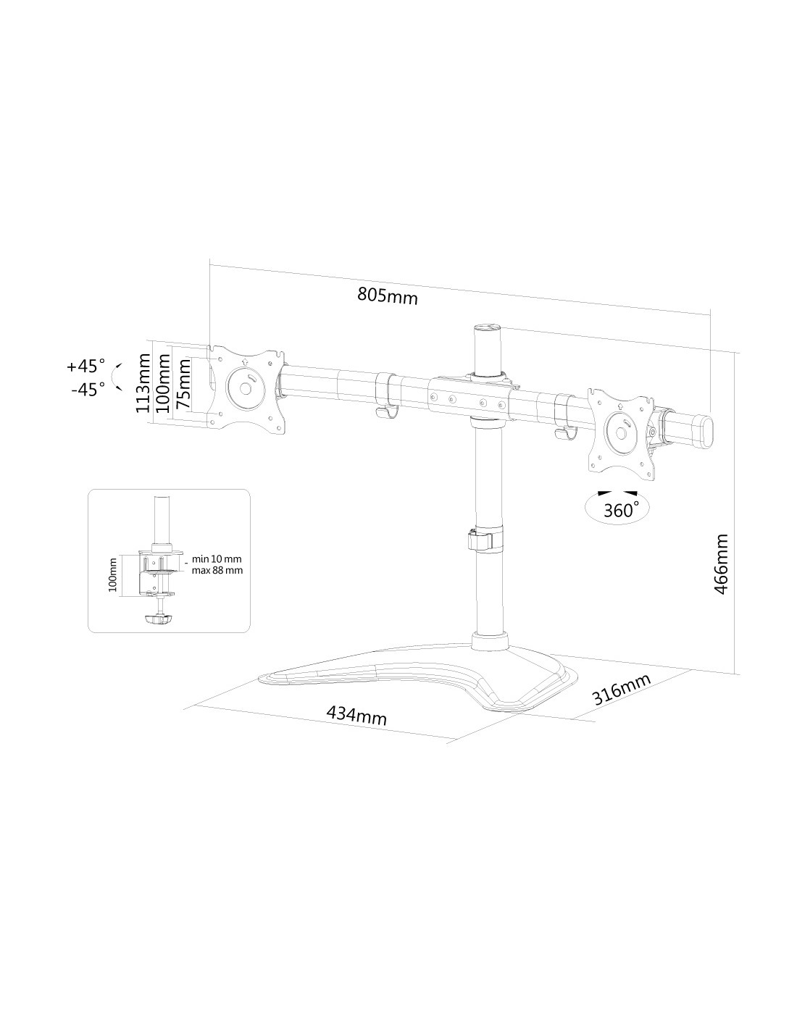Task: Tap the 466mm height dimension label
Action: coord(721,564)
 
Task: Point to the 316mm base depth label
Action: coord(622,690)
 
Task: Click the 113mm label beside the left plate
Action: coord(142,382)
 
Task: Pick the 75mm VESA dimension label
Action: coord(183,383)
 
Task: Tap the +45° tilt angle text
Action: coord(85,367)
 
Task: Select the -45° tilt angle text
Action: coord(88,390)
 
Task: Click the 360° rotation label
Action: coord(619,511)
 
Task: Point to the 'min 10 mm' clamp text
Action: coord(217,559)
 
